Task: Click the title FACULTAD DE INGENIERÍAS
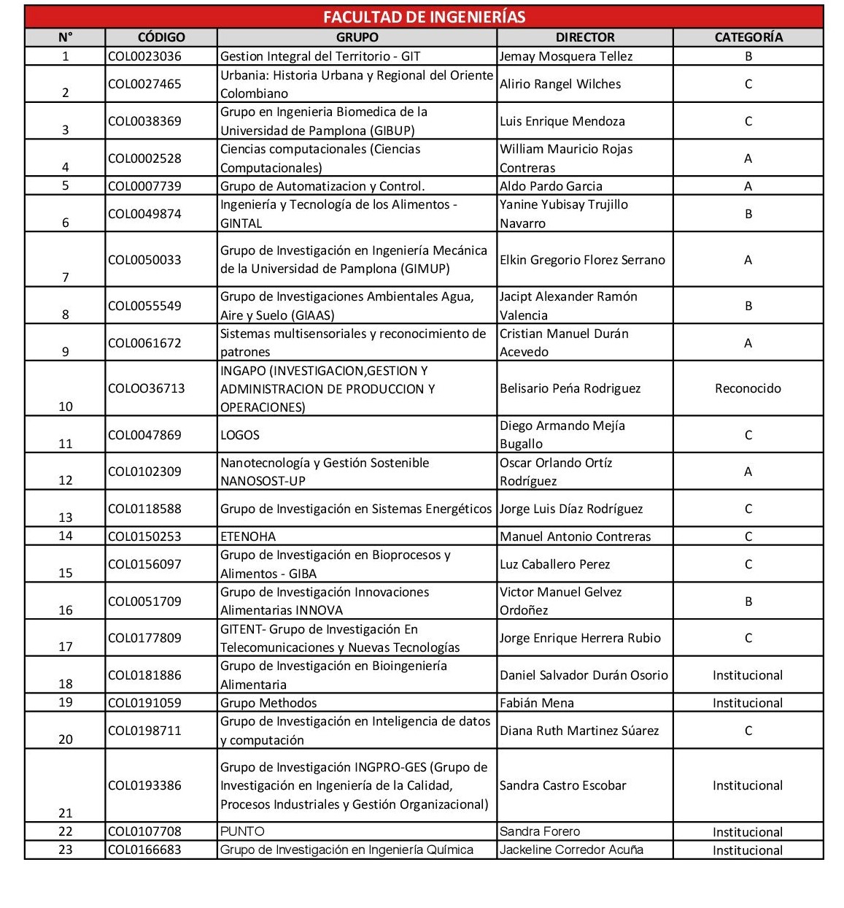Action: [424, 17]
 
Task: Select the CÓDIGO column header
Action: [161, 37]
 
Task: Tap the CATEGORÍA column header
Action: [748, 37]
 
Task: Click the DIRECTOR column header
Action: [584, 37]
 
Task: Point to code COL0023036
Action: [144, 56]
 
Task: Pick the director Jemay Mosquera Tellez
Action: [566, 56]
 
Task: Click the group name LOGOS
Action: [240, 435]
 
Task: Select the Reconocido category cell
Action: [748, 388]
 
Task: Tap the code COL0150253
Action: [144, 536]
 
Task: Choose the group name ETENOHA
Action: [248, 536]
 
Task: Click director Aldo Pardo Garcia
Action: [551, 186]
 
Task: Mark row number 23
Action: [66, 850]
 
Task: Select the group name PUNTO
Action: [242, 831]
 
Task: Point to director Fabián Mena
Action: [537, 703]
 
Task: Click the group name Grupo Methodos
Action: [268, 703]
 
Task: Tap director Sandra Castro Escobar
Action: [563, 785]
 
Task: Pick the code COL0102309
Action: [144, 472]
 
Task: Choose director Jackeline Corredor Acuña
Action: [571, 850]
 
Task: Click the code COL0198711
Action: [144, 731]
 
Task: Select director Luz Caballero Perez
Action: [555, 564]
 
